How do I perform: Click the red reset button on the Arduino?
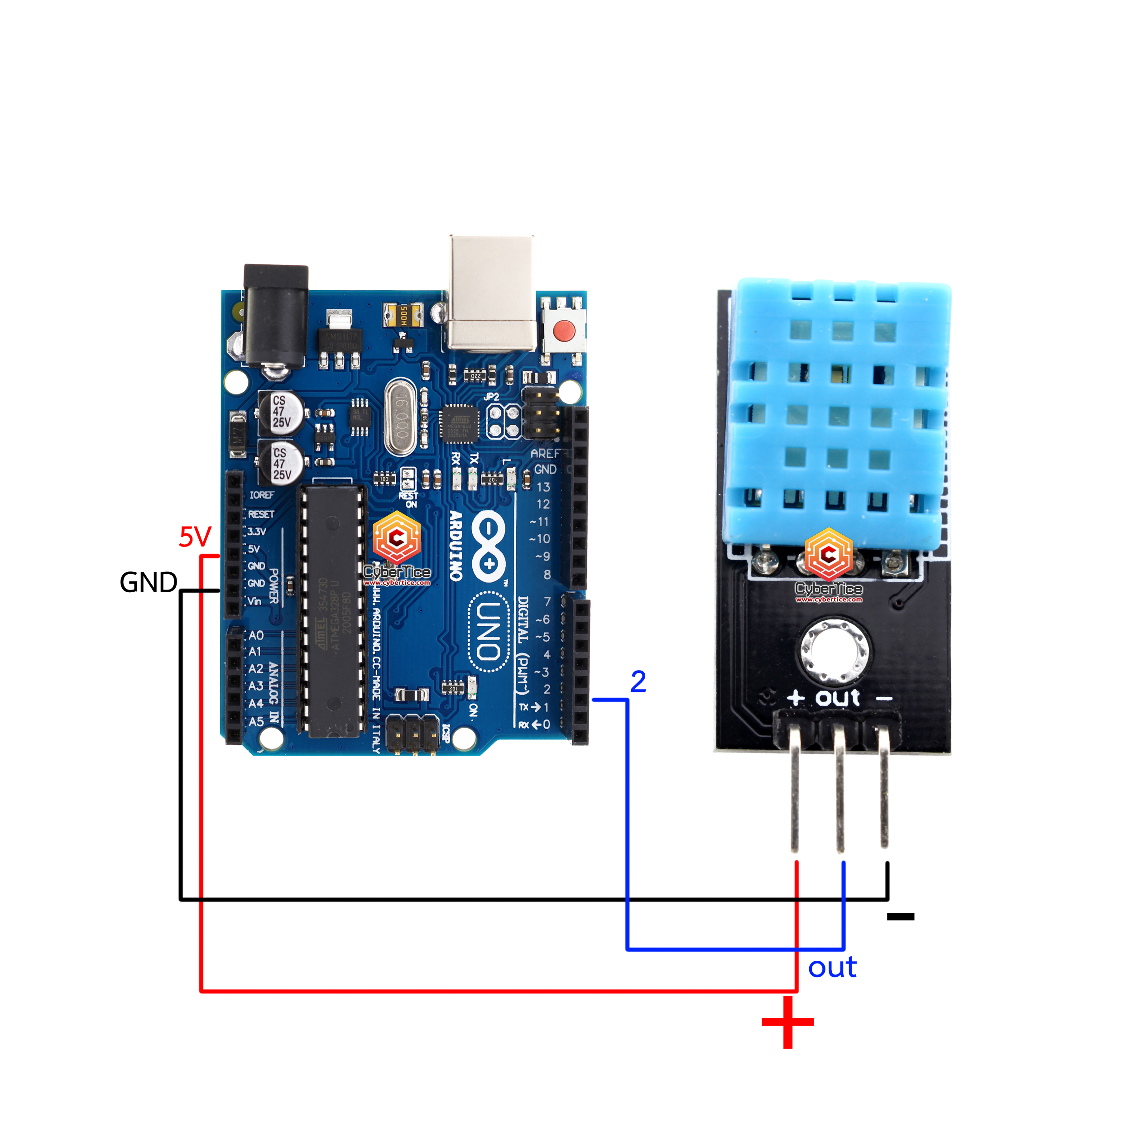click(564, 331)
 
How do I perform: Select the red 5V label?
click(195, 537)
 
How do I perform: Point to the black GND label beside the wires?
click(148, 582)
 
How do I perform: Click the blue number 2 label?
click(638, 681)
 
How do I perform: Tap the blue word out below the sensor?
click(832, 967)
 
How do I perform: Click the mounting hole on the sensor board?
click(835, 651)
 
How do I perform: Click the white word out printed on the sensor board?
click(838, 698)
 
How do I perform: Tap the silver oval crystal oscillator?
click(401, 417)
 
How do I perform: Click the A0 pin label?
click(256, 635)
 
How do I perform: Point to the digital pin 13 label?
click(543, 487)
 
